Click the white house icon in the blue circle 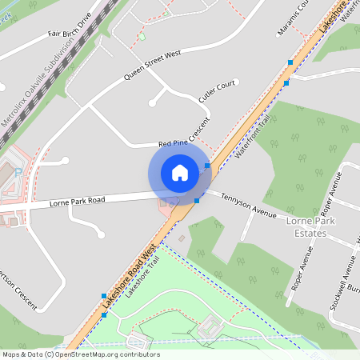(x=180, y=173)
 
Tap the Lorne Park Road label (x=76, y=200)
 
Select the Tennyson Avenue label (x=248, y=206)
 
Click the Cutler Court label (x=218, y=90)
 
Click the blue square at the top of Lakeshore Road (x=290, y=62)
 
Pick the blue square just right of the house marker (x=207, y=166)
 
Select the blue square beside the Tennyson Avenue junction (x=197, y=200)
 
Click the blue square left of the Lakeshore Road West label (x=103, y=296)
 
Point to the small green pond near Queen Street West (x=142, y=36)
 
